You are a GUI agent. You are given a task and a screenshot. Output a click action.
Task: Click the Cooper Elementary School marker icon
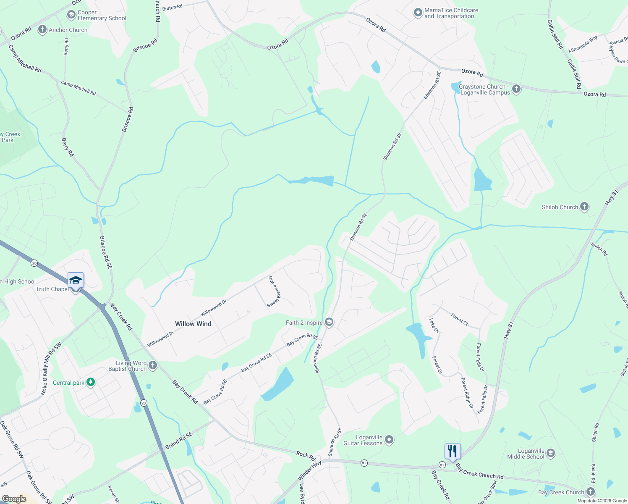71,15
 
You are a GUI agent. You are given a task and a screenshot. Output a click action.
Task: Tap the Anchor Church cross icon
42,30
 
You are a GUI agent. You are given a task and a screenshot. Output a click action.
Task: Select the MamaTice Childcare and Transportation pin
418,13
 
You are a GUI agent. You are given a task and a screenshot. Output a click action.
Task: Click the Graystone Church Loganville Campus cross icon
516,89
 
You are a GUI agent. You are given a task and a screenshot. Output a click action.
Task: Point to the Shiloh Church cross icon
584,207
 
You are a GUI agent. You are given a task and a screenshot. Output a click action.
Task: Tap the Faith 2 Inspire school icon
329,323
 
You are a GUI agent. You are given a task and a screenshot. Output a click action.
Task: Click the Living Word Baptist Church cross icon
153,365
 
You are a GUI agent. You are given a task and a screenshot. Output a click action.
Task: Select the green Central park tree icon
90,382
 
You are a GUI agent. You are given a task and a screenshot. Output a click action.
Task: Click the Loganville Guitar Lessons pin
389,440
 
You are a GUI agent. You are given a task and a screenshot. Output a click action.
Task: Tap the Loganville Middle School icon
551,453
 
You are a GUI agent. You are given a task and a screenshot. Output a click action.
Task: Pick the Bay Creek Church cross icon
591,492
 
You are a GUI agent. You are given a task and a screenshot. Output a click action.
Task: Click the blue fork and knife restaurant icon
453,451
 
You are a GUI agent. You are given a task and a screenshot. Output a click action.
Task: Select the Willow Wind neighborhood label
193,324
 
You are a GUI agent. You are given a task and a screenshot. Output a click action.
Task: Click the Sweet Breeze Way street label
274,291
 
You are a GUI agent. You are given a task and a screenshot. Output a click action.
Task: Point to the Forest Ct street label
459,319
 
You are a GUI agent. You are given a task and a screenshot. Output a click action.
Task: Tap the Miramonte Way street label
583,45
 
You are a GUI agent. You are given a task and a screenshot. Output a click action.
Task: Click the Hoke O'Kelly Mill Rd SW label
51,369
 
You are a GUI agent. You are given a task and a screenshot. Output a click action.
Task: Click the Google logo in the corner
14,499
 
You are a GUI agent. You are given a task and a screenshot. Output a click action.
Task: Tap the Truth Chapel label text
52,289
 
